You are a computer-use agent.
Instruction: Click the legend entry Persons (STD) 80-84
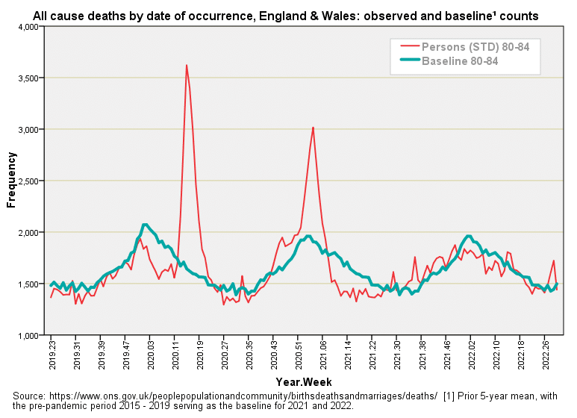point(476,47)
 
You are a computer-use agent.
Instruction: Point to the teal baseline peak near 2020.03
point(146,225)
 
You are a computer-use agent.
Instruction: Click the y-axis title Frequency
point(11,180)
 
